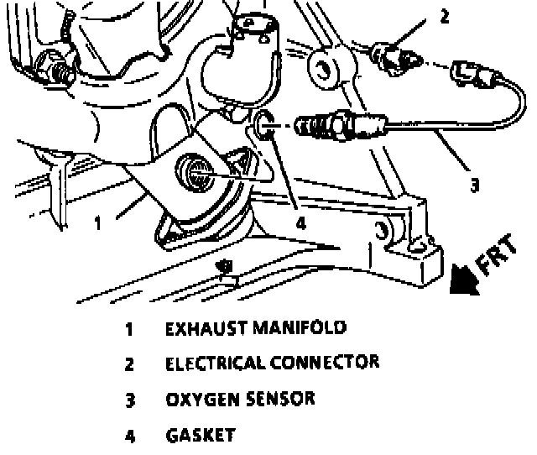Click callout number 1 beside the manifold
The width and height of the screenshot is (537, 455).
point(98,223)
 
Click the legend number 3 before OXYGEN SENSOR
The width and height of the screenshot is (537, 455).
point(130,400)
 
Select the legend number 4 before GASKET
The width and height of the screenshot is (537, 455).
point(130,436)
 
